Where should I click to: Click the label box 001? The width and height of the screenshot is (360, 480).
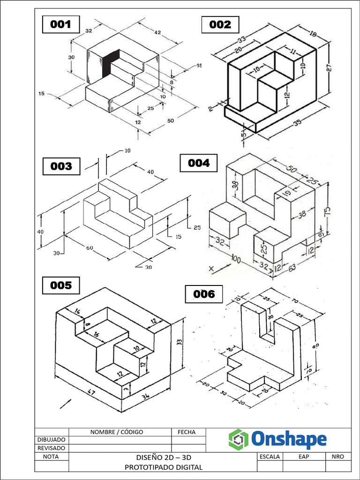point(61,24)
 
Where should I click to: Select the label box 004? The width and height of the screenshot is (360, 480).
point(199,163)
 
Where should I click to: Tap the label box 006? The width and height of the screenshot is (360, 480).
point(204,294)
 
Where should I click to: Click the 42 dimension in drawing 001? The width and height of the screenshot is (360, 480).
point(157,33)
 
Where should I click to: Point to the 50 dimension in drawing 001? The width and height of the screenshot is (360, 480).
point(170,121)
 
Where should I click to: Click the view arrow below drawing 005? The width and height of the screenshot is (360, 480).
point(66,403)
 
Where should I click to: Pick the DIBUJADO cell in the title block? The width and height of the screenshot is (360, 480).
point(52,440)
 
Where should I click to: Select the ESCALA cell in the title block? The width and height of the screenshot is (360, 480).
point(270,456)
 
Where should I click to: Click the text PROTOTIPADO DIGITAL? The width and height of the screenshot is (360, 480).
point(164,467)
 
